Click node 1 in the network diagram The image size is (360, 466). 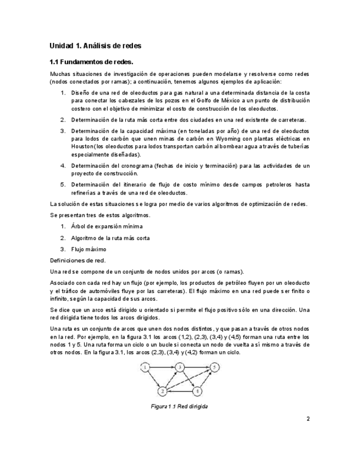(x=145, y=367)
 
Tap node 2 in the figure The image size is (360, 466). (x=163, y=391)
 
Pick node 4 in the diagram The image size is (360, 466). (x=199, y=391)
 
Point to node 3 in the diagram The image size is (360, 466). (x=180, y=367)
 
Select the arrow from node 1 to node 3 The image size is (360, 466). (x=162, y=367)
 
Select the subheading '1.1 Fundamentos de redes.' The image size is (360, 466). (x=91, y=62)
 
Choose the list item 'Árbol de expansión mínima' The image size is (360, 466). (x=107, y=226)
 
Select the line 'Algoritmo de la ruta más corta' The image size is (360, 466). (x=110, y=237)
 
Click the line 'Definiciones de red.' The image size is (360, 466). (x=77, y=260)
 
